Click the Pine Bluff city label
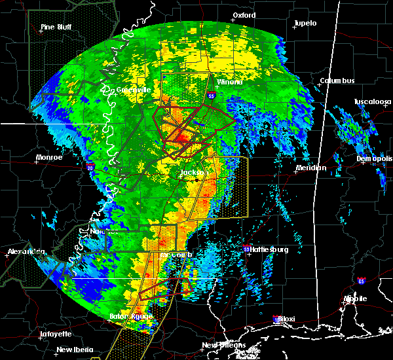tap(56, 27)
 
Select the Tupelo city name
tap(305, 24)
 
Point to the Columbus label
tap(337, 81)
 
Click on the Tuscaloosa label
tap(372, 102)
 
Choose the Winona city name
tap(229, 82)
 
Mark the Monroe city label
tap(50, 157)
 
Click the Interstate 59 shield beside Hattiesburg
tap(247, 249)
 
